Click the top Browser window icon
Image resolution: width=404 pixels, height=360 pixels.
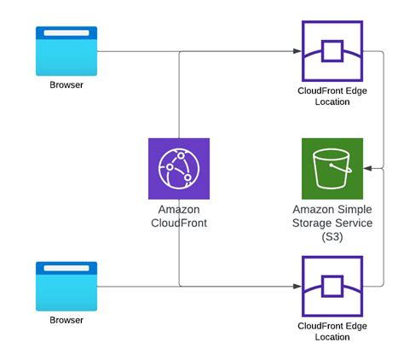(66, 50)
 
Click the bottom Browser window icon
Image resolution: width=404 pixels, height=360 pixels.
(66, 286)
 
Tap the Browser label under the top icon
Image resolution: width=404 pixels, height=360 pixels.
(66, 85)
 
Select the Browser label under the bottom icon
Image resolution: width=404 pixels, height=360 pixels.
(66, 321)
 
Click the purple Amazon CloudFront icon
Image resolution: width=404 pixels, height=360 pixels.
(178, 168)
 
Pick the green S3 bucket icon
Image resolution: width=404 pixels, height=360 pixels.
(332, 168)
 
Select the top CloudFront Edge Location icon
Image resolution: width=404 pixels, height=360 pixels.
(332, 51)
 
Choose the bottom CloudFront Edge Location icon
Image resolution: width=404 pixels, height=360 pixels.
(332, 286)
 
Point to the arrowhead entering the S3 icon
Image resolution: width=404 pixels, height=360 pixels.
(367, 168)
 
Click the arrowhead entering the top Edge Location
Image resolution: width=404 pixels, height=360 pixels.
(297, 51)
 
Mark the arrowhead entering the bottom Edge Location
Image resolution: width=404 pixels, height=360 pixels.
(297, 286)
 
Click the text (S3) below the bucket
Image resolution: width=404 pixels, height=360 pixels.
(332, 236)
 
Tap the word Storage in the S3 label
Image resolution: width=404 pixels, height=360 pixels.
(310, 224)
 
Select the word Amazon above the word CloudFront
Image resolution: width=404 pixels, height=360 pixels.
(178, 209)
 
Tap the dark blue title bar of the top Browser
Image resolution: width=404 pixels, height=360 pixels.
(66, 32)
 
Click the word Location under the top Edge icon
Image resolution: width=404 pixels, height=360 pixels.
(332, 102)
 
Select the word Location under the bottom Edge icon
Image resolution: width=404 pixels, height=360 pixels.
(332, 337)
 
